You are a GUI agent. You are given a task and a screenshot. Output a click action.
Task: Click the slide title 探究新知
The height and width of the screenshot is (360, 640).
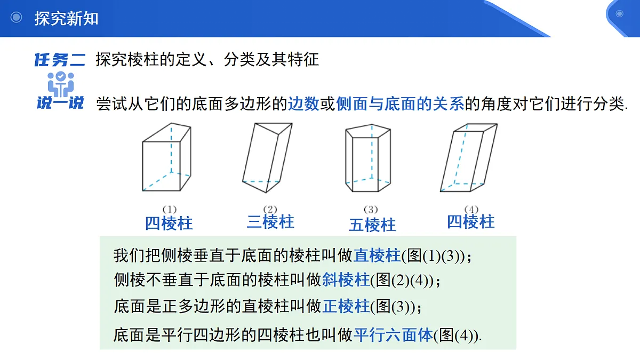point(66,19)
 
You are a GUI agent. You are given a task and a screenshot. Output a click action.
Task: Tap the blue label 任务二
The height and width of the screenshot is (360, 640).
point(60,60)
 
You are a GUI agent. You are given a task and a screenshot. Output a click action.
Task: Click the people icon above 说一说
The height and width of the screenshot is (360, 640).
point(61,84)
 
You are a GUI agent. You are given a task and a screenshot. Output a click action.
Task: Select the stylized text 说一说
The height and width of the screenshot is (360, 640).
point(60,103)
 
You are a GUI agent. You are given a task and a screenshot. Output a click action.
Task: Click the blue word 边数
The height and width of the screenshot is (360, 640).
point(303,103)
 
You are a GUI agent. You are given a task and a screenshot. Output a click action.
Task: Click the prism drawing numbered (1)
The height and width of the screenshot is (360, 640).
point(167,157)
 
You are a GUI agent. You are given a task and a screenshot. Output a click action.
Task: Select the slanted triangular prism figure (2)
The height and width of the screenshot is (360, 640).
point(267,158)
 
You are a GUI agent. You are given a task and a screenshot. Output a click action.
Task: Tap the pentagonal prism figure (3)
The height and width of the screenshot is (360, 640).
point(368,158)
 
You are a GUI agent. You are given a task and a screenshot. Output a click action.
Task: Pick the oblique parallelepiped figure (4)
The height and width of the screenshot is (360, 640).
point(469,158)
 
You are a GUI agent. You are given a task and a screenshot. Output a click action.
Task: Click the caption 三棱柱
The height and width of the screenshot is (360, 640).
point(270,222)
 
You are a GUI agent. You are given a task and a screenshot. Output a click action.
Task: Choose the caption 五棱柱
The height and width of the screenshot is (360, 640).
point(373,225)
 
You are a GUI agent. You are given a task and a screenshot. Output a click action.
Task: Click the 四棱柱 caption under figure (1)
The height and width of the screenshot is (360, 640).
point(169,223)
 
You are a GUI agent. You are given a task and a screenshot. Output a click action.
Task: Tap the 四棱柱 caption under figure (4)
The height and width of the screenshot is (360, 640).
point(471,222)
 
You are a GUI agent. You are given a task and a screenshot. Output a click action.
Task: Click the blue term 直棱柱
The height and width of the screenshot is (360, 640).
point(377,255)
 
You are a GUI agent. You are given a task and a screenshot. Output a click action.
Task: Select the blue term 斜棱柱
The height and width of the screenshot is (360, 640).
point(346,279)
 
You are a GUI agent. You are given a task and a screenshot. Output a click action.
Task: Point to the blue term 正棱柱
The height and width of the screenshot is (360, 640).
point(346,306)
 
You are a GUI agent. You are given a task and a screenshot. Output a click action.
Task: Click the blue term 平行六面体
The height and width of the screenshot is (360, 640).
point(393,335)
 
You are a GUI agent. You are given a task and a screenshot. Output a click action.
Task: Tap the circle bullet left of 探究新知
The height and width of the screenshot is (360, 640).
point(17,17)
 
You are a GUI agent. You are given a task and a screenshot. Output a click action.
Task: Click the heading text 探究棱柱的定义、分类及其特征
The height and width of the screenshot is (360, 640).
point(207,59)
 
